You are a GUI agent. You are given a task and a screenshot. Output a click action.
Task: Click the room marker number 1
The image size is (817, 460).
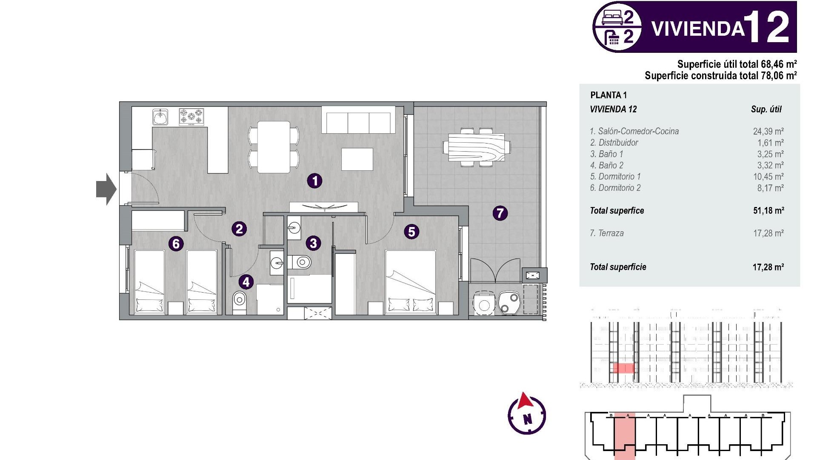pos(315,181)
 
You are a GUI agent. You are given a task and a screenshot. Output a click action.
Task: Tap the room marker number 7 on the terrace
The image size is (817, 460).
pos(500,213)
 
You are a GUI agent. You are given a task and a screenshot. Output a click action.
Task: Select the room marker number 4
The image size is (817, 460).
pos(246,282)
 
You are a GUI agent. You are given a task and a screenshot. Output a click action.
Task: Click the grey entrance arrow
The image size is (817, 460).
pos(106,189)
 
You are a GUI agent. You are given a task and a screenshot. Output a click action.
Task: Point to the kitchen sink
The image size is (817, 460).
pos(160,117)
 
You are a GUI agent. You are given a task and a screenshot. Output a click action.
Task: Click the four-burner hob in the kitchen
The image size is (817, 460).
pos(191,117)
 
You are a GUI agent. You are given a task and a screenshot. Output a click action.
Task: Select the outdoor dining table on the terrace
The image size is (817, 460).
pos(476,147)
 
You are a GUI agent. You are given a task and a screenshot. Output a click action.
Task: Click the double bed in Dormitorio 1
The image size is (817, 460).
pos(411,282)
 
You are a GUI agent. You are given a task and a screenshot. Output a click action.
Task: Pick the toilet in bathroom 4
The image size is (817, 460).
pos(240,301)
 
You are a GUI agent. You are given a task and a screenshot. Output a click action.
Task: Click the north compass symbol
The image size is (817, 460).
pos(527,414)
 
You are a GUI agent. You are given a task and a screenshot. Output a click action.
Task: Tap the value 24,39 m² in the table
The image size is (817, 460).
pos(768,132)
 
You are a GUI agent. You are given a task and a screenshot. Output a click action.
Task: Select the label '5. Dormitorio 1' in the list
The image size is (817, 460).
pos(615,177)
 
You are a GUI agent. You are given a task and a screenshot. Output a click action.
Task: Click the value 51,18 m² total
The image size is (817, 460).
pos(768,210)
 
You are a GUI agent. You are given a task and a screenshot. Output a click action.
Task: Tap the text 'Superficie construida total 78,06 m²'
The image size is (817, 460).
pos(720,76)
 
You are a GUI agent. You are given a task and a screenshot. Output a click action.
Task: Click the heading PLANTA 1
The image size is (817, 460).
pos(608,95)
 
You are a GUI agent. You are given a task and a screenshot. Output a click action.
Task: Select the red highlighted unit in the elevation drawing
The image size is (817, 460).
pos(623,368)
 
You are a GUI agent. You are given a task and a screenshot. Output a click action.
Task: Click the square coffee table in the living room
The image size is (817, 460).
pos(357,159)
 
